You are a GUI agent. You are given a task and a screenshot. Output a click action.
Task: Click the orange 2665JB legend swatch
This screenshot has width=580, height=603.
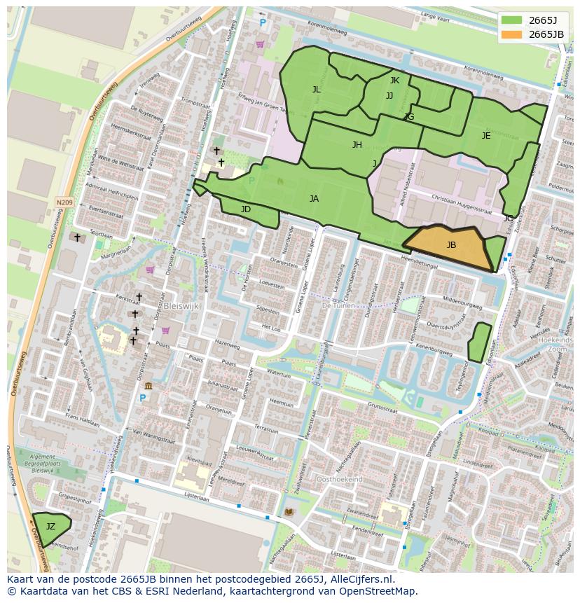pyautogui.click(x=511, y=34)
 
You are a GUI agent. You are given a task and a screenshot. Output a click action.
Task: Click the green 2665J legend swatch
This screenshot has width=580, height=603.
pyautogui.click(x=511, y=20)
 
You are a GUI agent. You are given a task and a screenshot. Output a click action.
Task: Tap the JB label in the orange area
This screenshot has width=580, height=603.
pyautogui.click(x=451, y=245)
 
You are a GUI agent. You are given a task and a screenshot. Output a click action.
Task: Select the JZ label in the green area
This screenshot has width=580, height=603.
pyautogui.click(x=50, y=526)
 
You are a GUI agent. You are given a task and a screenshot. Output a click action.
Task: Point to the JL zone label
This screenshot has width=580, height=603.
pyautogui.click(x=316, y=89)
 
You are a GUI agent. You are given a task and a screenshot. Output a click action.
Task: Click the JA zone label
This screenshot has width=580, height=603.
pyautogui.click(x=314, y=199)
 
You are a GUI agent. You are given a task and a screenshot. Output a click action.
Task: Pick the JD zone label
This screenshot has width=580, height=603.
pyautogui.click(x=245, y=209)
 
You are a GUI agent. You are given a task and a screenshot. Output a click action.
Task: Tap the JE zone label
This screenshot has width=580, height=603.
pyautogui.click(x=486, y=136)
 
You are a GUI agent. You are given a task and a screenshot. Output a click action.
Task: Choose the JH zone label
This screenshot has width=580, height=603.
pyautogui.click(x=357, y=145)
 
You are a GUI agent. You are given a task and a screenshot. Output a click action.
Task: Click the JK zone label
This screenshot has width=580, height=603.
pyautogui.click(x=394, y=81)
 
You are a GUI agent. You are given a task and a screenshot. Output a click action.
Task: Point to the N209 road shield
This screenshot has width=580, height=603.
pyautogui.click(x=64, y=202)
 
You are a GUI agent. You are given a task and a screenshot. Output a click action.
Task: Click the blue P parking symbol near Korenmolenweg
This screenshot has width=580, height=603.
pyautogui.click(x=263, y=23)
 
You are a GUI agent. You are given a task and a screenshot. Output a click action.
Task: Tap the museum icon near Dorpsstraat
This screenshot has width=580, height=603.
pyautogui.click(x=148, y=385)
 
